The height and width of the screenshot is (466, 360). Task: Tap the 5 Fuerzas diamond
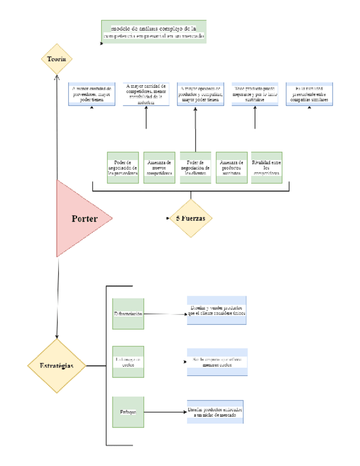click(190, 218)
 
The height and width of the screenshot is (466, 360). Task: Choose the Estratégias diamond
click(57, 365)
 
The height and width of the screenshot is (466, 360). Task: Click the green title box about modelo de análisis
click(154, 32)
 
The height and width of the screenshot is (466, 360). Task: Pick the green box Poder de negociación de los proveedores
click(123, 167)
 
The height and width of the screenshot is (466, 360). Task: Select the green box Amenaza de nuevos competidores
click(159, 167)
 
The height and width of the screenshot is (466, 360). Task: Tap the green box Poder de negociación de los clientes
click(196, 167)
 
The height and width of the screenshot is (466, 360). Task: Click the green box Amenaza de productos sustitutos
click(231, 167)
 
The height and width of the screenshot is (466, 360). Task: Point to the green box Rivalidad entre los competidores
click(267, 167)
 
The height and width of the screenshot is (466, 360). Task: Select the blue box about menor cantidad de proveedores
click(92, 94)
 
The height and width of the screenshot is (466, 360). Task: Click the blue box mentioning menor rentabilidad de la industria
click(146, 94)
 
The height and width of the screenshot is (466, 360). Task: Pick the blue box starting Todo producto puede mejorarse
click(255, 94)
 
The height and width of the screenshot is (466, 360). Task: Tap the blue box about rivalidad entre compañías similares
click(309, 94)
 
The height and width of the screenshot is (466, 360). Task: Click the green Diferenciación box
click(128, 314)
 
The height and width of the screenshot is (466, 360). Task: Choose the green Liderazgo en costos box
click(128, 362)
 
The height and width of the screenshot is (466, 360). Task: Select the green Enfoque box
click(128, 412)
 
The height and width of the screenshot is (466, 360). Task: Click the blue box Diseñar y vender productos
click(217, 311)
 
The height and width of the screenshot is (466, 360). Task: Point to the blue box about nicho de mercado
click(215, 412)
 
